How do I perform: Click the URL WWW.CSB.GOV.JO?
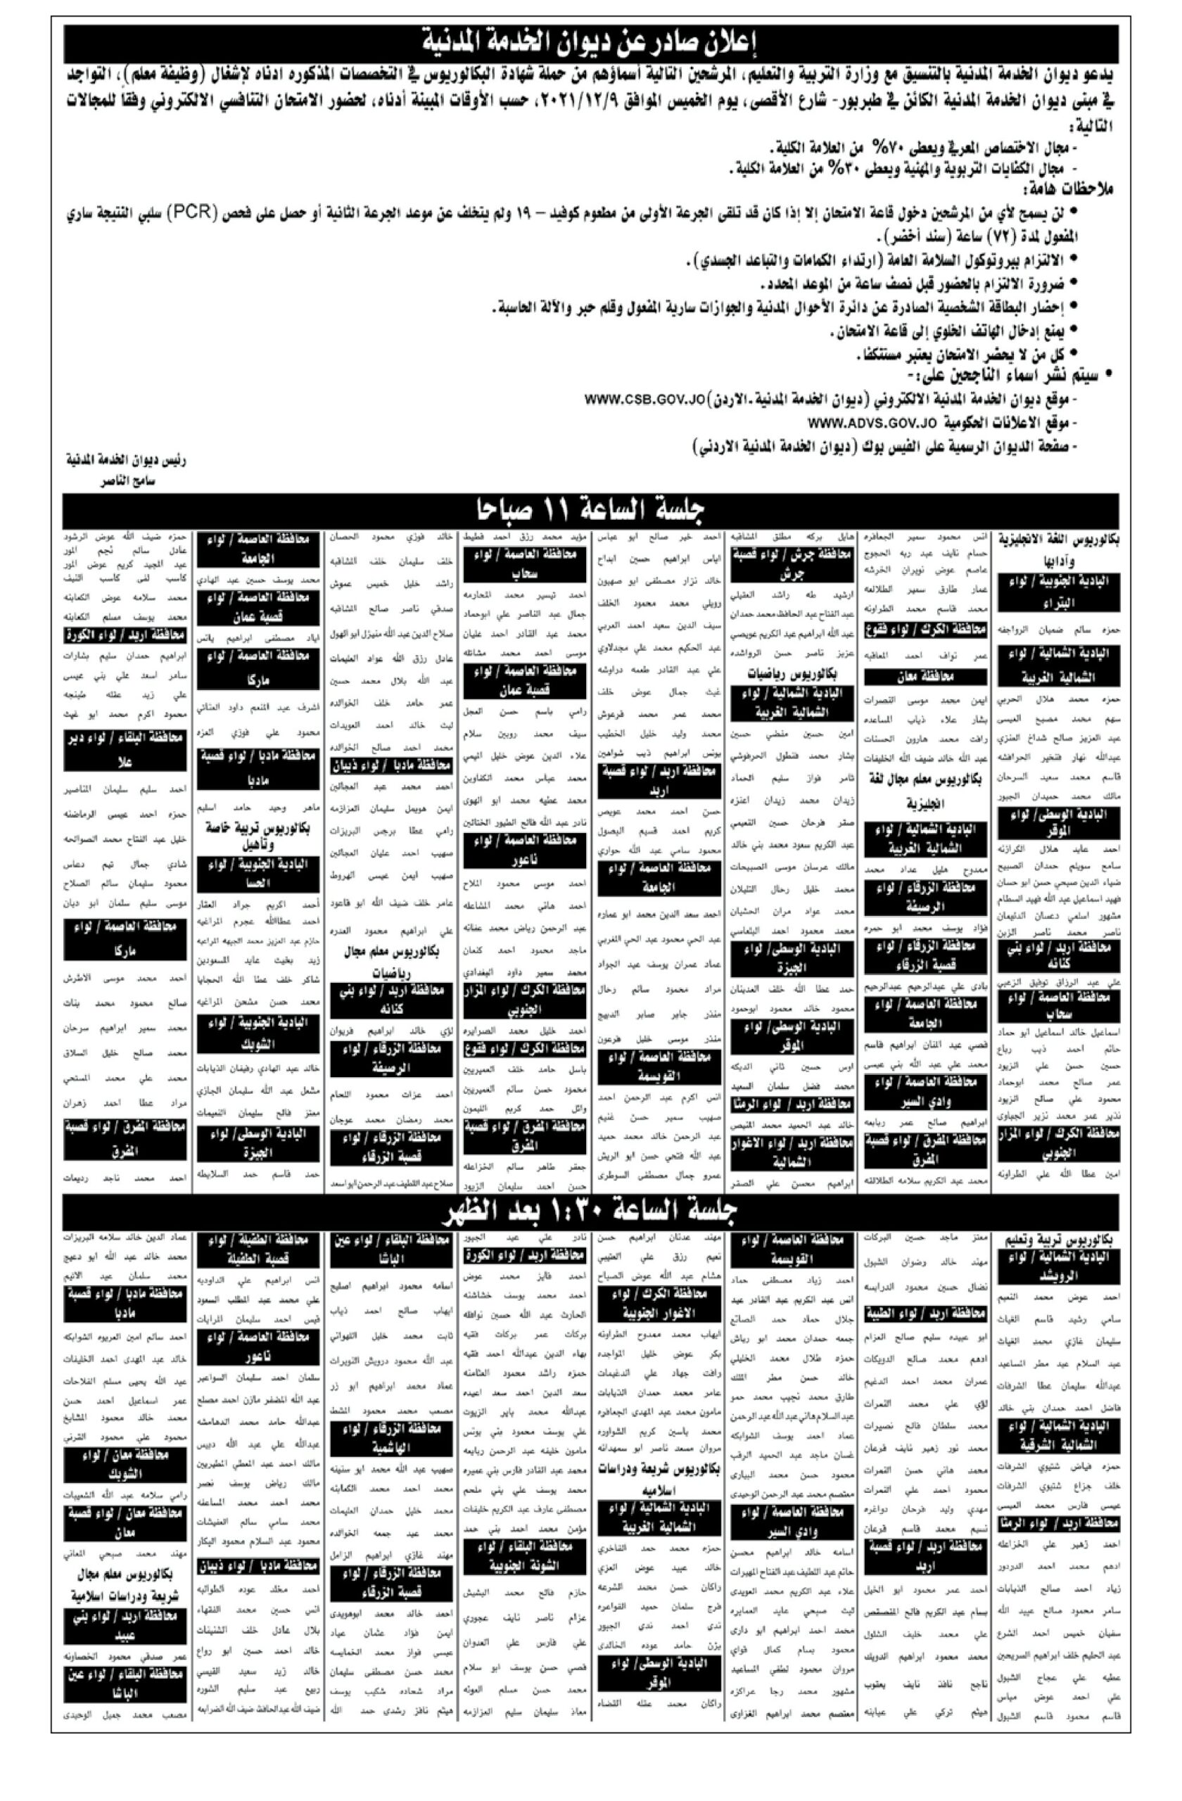642,398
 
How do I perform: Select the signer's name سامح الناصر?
129,481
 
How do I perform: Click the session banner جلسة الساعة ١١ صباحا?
590,511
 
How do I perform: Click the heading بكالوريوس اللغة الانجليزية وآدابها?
1056,551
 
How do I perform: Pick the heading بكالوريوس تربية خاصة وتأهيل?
257,835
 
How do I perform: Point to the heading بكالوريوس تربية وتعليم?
1060,1242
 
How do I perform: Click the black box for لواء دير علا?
125,749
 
